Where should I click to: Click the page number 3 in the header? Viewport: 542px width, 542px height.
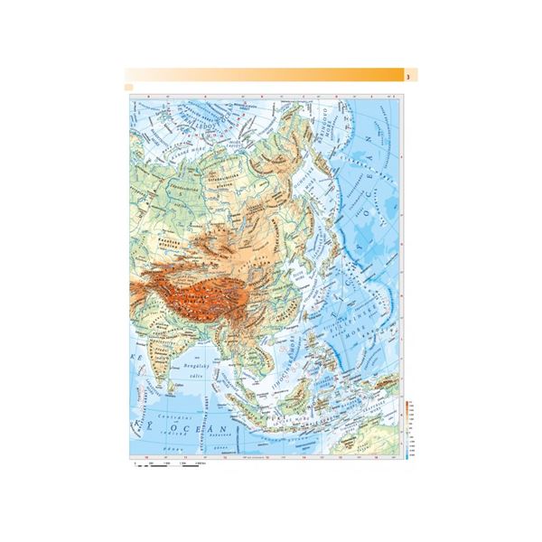(410, 75)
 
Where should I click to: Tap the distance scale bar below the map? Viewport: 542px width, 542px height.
(167, 463)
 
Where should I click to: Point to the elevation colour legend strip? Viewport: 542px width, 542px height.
(409, 429)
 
